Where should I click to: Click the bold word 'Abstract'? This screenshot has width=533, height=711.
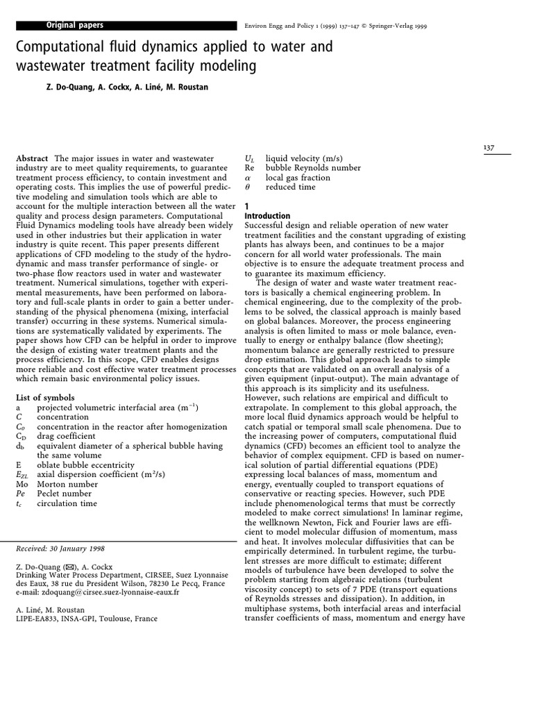pos(32,159)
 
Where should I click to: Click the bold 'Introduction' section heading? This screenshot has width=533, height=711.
pos(268,216)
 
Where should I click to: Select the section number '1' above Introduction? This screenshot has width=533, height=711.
pos(247,206)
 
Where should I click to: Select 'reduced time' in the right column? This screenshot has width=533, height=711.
pos(290,187)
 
